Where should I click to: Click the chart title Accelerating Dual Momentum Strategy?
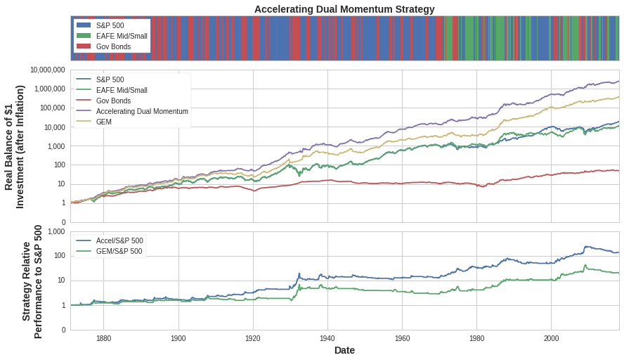(x=344, y=9)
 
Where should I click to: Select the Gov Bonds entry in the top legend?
(x=113, y=46)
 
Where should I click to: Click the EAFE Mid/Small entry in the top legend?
(x=121, y=36)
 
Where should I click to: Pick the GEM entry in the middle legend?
(x=103, y=122)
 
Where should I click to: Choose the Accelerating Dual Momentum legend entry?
(x=141, y=111)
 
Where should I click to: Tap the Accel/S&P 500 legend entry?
(x=119, y=240)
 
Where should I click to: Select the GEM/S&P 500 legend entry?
(x=119, y=251)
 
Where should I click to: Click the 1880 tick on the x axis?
(x=103, y=338)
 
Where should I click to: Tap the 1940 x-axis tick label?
(x=327, y=338)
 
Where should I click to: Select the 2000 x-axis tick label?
(x=551, y=338)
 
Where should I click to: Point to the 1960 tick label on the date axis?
(x=402, y=338)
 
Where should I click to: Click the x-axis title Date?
(x=344, y=350)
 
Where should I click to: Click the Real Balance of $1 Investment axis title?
(x=14, y=146)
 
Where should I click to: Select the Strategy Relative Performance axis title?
(x=32, y=281)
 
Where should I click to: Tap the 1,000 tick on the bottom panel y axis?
(x=56, y=232)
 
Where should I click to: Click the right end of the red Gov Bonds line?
(x=618, y=170)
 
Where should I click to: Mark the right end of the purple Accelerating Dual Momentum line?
(x=618, y=81)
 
